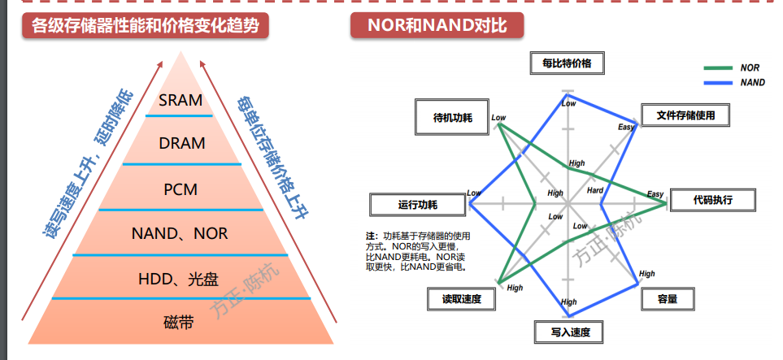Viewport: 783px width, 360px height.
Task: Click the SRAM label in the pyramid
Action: (180, 101)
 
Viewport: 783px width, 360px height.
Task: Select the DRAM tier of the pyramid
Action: (182, 144)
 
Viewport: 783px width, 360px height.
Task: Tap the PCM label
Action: (181, 189)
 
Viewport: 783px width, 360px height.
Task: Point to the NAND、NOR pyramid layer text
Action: (181, 234)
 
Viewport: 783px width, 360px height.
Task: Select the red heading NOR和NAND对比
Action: (437, 25)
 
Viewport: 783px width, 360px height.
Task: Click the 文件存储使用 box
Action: (685, 115)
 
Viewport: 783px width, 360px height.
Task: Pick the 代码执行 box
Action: (713, 199)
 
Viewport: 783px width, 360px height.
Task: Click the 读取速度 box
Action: (461, 299)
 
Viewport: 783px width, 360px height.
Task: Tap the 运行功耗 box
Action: (418, 204)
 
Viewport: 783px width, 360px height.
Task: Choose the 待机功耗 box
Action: (448, 116)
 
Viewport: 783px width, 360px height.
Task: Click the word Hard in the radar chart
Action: (595, 190)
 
